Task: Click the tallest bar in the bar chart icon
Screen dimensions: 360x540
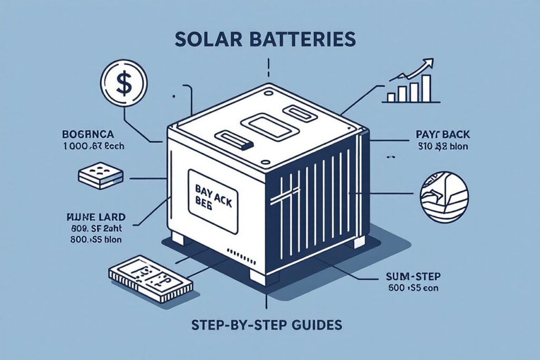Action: click(x=426, y=87)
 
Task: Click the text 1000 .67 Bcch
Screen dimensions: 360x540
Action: click(x=92, y=146)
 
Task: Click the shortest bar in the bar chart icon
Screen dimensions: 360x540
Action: click(x=391, y=97)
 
